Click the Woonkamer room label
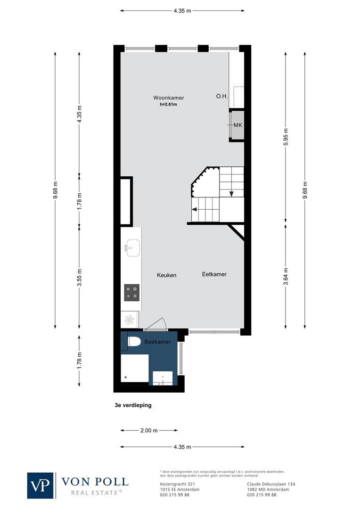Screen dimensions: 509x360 [168, 98]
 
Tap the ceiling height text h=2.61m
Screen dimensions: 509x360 [168, 105]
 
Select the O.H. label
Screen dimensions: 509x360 [222, 96]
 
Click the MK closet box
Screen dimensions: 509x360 [237, 125]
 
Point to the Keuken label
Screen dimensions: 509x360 [166, 275]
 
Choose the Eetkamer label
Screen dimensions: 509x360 [214, 274]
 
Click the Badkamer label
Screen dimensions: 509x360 [157, 342]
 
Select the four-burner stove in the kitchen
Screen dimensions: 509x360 [131, 293]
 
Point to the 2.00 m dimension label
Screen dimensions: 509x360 [149, 430]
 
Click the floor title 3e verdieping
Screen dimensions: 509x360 [133, 405]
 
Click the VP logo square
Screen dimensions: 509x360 [41, 485]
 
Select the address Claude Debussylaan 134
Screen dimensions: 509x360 [271, 484]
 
